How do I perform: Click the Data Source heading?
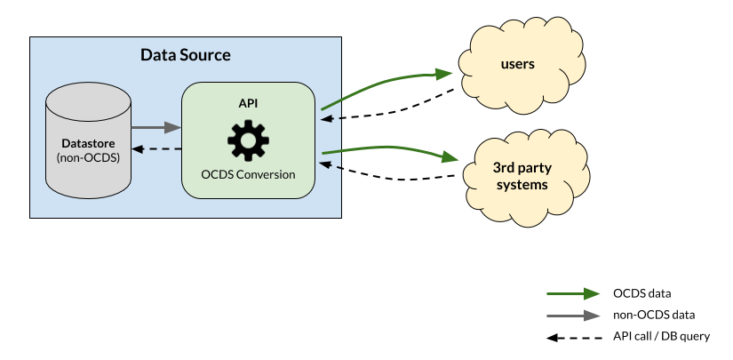pyautogui.click(x=186, y=55)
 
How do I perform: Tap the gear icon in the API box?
pyautogui.click(x=248, y=140)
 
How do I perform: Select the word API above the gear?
pyautogui.click(x=248, y=104)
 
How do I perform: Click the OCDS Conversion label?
pyautogui.click(x=248, y=174)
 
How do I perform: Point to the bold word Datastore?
pyautogui.click(x=88, y=143)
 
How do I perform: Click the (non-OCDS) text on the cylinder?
pyautogui.click(x=88, y=157)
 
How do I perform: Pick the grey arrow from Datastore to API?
pyautogui.click(x=156, y=127)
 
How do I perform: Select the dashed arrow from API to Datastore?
pyautogui.click(x=156, y=149)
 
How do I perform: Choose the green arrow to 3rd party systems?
pyautogui.click(x=390, y=148)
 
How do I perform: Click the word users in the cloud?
pyautogui.click(x=517, y=64)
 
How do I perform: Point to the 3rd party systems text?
pyautogui.click(x=522, y=176)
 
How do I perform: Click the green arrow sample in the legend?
pyautogui.click(x=573, y=293)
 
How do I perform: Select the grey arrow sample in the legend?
pyautogui.click(x=573, y=316)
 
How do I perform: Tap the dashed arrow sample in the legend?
pyautogui.click(x=574, y=337)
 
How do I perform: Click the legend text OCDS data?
pyautogui.click(x=641, y=293)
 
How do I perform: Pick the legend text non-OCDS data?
pyautogui.click(x=654, y=316)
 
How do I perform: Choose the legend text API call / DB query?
pyautogui.click(x=661, y=336)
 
